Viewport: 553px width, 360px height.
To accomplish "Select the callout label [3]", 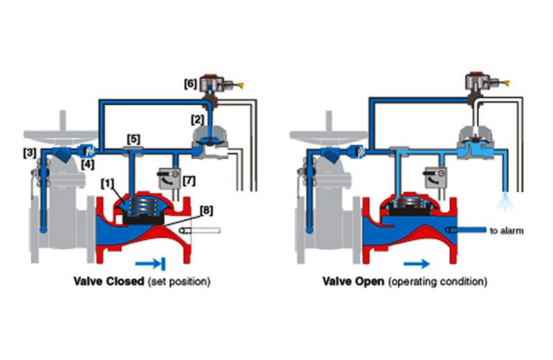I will click(x=30, y=153).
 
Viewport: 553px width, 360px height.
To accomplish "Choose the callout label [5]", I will click(x=133, y=138).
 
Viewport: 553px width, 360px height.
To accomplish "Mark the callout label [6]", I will click(x=192, y=84).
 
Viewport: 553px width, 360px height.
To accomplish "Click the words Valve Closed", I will click(x=111, y=282).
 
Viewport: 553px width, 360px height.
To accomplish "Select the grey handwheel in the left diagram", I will click(x=62, y=135).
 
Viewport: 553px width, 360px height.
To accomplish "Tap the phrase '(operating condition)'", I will click(x=438, y=282).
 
